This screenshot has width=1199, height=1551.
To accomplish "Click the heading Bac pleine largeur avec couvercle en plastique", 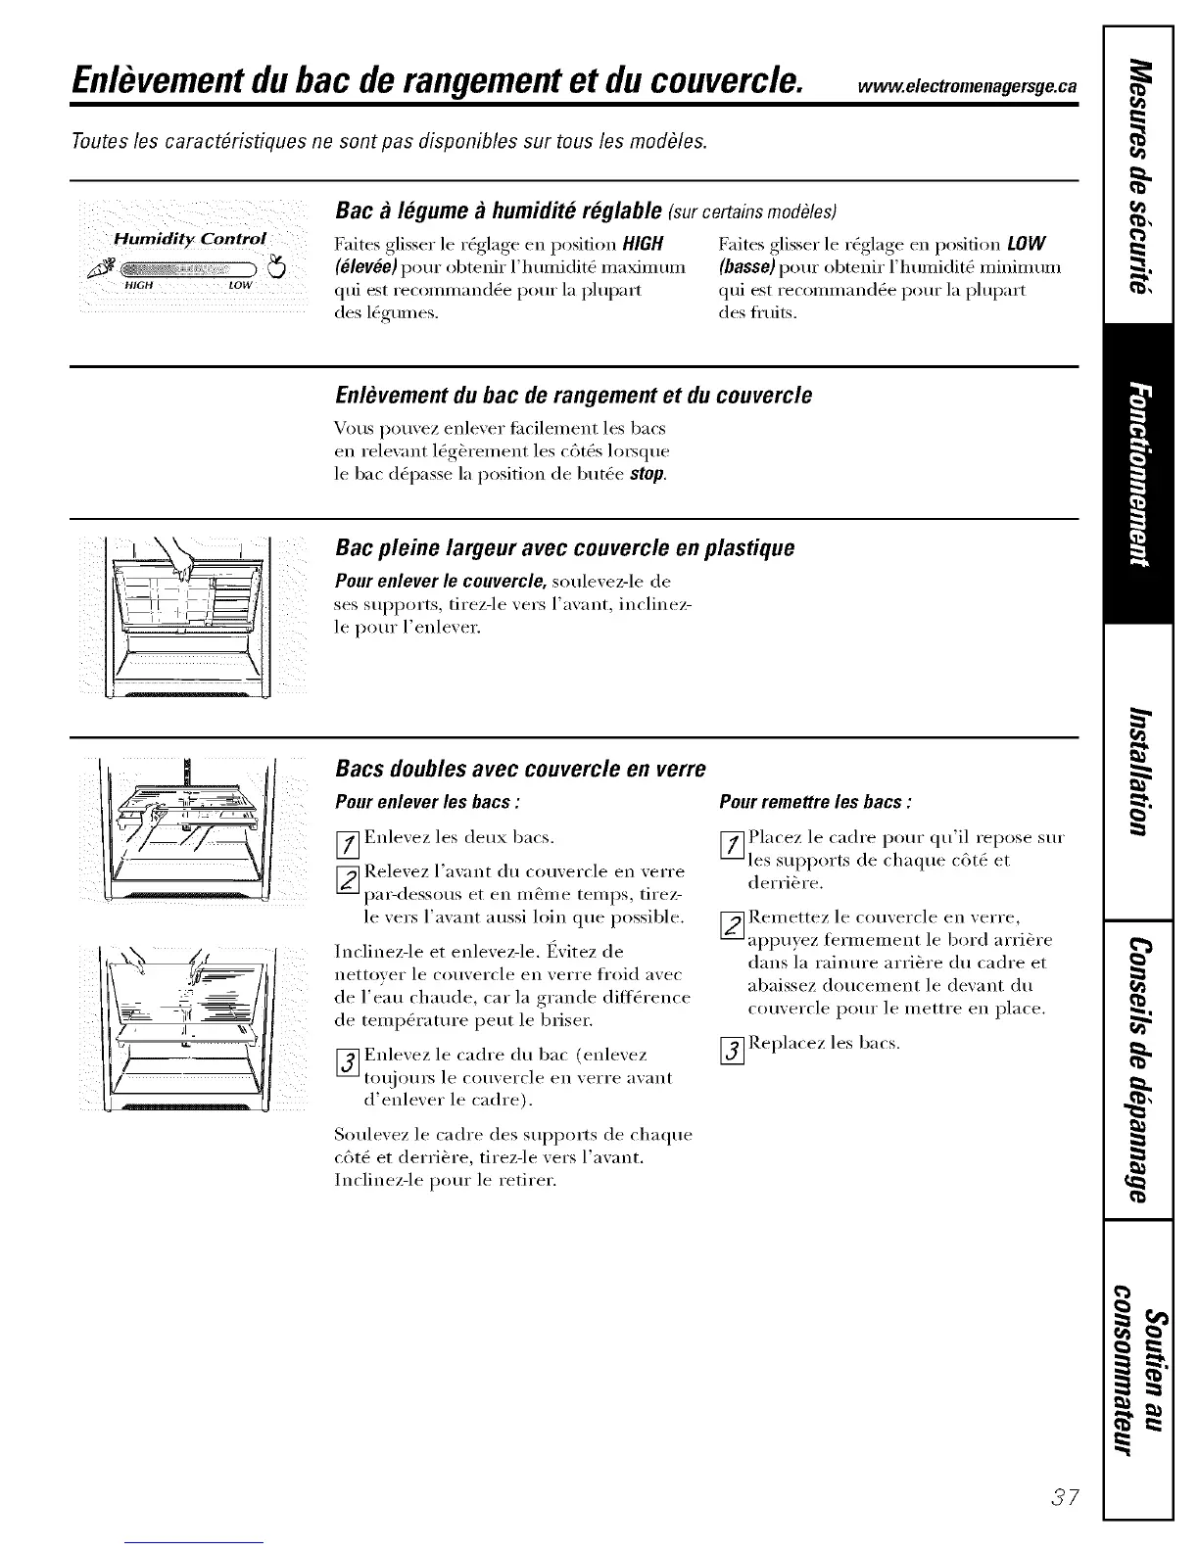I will tap(564, 547).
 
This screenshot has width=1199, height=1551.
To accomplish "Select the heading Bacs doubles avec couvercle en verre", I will tap(520, 768).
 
